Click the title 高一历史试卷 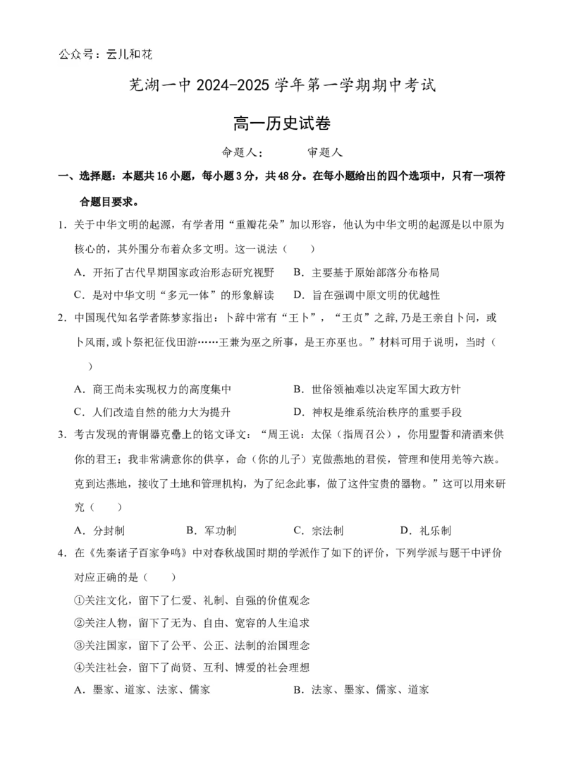[x=282, y=123]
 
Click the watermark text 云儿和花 [x=130, y=54]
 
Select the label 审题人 [x=324, y=152]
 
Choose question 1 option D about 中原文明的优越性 [x=367, y=296]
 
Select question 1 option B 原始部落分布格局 [x=367, y=272]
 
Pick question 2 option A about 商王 [x=153, y=389]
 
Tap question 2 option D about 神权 [x=378, y=413]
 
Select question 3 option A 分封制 [x=99, y=531]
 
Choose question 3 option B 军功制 [x=211, y=531]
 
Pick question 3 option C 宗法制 [x=319, y=531]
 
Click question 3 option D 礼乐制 [x=426, y=531]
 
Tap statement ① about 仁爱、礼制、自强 [x=192, y=600]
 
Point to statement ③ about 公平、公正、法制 [x=192, y=646]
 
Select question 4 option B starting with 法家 [x=362, y=690]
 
